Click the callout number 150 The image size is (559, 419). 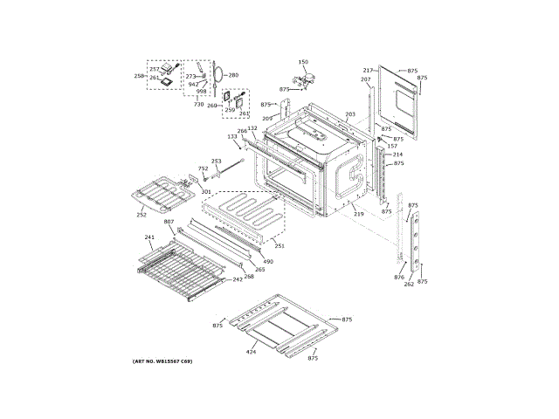pos(303,62)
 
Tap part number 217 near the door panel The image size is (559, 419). pos(368,70)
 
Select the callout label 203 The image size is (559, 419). pos(350,114)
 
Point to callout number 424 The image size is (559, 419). pos(252,351)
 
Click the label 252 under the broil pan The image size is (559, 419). pos(141,215)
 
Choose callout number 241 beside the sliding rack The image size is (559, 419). pos(149,237)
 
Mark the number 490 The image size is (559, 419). pos(268,261)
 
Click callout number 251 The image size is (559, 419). pos(279,246)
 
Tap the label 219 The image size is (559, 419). pos(358,214)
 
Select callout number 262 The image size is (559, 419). pos(409,285)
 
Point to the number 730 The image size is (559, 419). pos(199,104)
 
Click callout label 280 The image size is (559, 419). pos(233,75)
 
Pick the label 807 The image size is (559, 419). pos(169,222)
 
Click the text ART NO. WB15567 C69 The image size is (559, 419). pos(162,361)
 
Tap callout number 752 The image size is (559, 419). pos(203,168)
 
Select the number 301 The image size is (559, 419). pos(206,191)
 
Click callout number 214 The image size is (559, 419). pos(397,155)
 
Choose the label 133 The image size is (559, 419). pos(232,137)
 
